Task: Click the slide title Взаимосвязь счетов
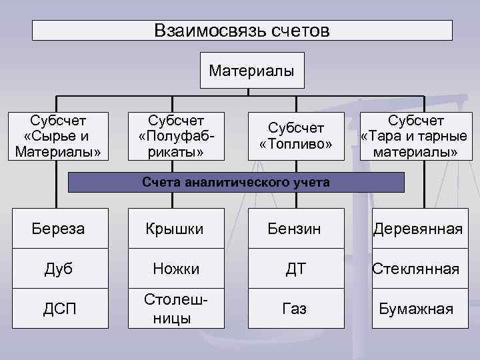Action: point(242,30)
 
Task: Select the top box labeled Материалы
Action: point(251,70)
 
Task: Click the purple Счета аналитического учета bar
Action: point(237,182)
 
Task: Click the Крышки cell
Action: point(177,229)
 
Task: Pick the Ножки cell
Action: point(177,269)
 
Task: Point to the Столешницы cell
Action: point(177,309)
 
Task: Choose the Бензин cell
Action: point(295,229)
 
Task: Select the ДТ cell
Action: point(295,269)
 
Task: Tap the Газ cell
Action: point(295,309)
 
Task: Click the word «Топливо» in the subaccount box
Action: point(295,145)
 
